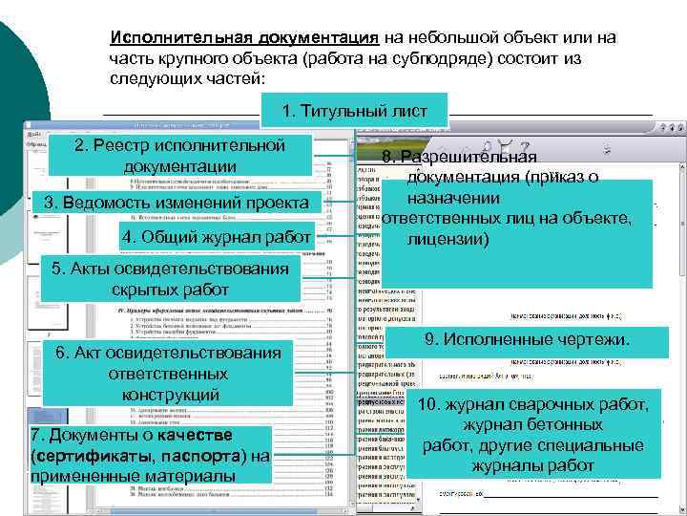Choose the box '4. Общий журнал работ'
(x=216, y=236)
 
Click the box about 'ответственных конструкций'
(x=169, y=374)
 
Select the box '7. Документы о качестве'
(x=151, y=454)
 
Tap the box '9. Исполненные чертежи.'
(x=526, y=340)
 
